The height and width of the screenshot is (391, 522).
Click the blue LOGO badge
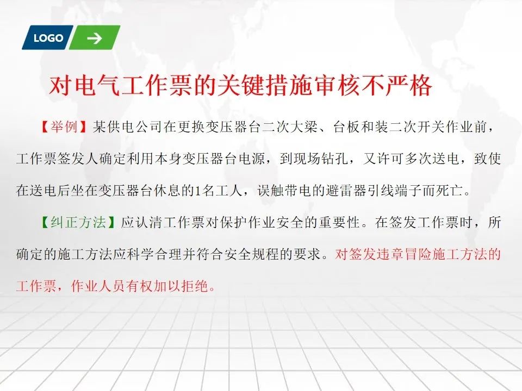(x=48, y=37)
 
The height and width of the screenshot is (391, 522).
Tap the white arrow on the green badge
(x=95, y=38)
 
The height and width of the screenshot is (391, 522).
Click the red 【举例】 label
(x=64, y=127)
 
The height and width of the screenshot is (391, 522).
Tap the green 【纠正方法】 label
(x=78, y=222)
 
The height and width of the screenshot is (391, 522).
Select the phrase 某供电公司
(x=127, y=127)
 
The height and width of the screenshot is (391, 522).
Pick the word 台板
(x=347, y=127)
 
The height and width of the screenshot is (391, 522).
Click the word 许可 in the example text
(x=391, y=159)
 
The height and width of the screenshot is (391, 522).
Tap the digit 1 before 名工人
(x=197, y=191)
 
